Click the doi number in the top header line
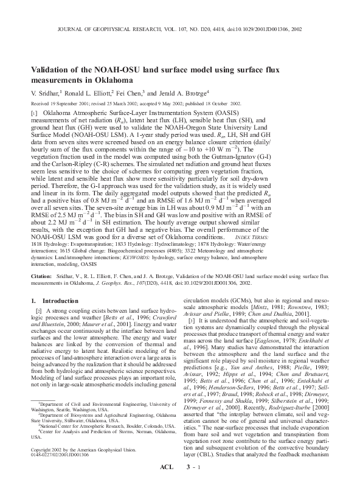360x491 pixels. click(x=277, y=28)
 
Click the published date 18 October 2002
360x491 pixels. click(x=220, y=103)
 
